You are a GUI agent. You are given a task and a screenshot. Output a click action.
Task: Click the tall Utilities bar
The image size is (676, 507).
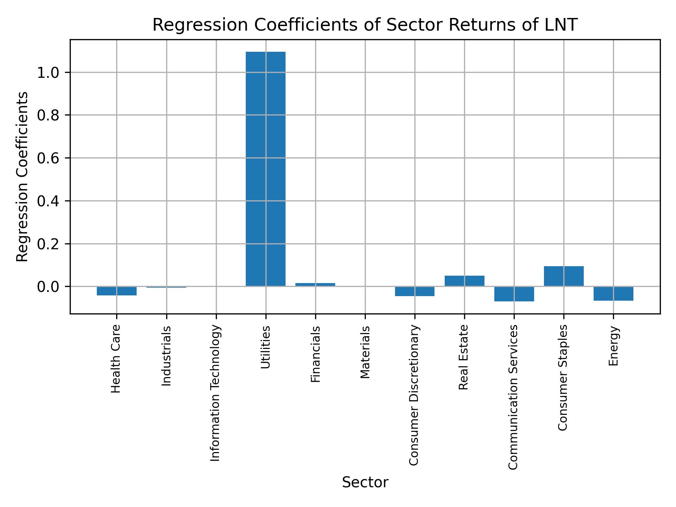tap(265, 169)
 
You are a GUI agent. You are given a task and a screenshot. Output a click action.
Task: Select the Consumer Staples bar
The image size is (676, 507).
tap(564, 276)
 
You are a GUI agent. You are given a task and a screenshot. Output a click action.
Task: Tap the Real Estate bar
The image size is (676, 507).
tap(464, 281)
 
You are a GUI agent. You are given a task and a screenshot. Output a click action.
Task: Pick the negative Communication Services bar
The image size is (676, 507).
tap(514, 294)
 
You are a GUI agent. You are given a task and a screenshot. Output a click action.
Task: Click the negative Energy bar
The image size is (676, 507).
tap(613, 294)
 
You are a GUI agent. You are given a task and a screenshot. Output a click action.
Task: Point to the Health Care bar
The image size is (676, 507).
tap(117, 291)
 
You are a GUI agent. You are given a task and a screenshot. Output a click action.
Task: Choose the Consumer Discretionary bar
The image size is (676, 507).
tap(414, 291)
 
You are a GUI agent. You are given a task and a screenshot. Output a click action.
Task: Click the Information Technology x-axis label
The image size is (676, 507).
tap(215, 393)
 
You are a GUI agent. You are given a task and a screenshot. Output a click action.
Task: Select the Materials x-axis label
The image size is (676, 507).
tap(365, 352)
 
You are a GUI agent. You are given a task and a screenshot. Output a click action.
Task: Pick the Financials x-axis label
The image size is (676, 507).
tap(315, 354)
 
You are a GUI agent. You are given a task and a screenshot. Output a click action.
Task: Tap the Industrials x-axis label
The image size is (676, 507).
tap(166, 356)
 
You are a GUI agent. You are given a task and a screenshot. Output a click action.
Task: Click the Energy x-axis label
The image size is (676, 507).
tap(613, 346)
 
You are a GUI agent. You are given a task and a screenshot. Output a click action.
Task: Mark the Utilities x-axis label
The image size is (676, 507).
tap(265, 347)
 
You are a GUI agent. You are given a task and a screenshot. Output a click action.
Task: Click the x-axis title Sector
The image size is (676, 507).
tap(365, 482)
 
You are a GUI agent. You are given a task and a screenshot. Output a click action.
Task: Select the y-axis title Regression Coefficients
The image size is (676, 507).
tap(23, 177)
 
